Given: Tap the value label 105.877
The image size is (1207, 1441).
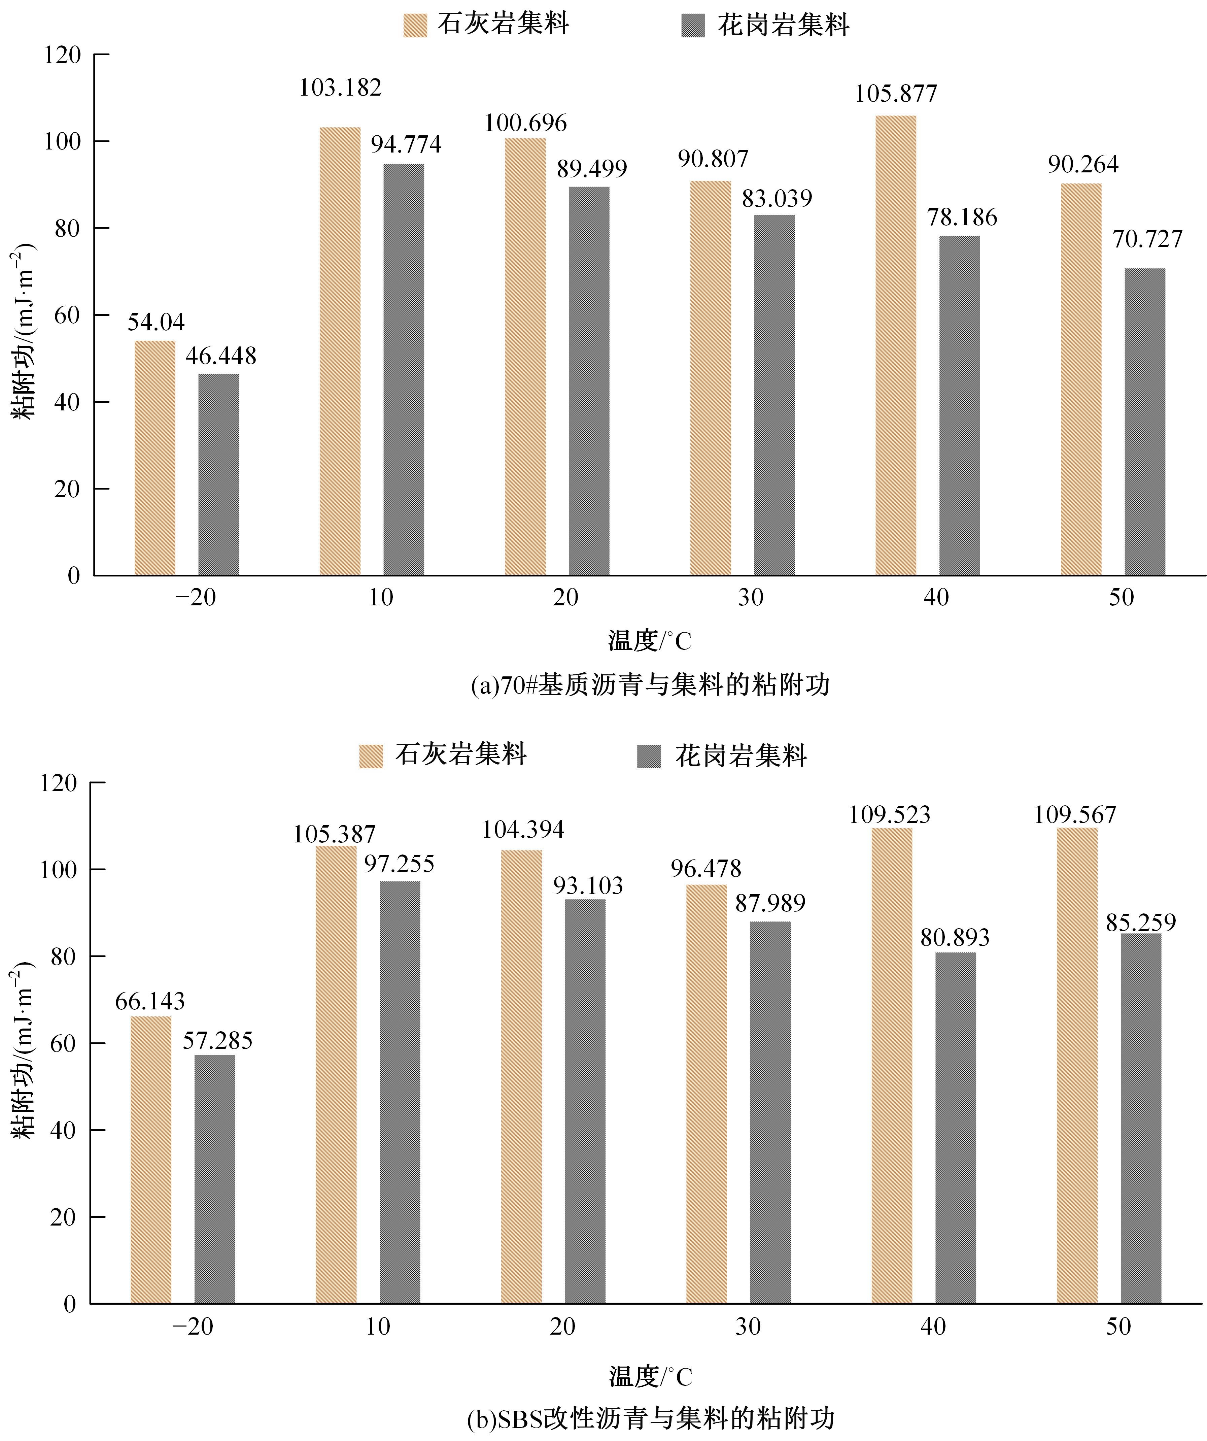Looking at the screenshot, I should click(x=895, y=93).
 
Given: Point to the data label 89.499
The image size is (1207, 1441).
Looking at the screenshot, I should click(x=591, y=169).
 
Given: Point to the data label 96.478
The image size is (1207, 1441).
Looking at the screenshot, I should click(x=706, y=869).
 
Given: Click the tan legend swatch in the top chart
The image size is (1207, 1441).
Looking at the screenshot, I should click(x=415, y=25).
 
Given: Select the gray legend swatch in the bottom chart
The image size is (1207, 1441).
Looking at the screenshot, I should click(x=649, y=756).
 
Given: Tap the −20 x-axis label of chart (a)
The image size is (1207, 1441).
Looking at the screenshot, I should click(x=196, y=598).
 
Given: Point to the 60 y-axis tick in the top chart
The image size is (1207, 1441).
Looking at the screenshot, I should click(x=67, y=315).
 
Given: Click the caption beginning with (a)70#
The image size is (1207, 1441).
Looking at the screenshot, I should click(x=650, y=685).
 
